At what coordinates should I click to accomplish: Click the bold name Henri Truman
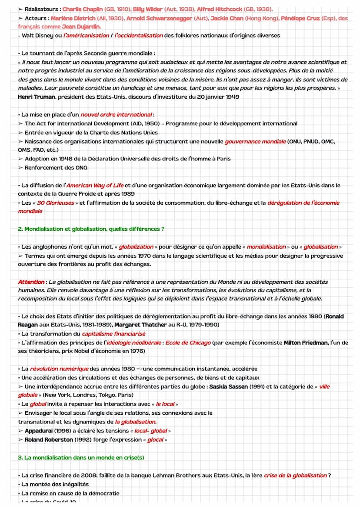36,97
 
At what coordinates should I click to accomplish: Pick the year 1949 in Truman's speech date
232,97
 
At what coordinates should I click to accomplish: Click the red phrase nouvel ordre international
116,115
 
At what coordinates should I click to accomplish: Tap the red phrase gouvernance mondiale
255,142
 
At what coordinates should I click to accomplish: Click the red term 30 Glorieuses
55,203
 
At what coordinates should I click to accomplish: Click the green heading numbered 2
91,229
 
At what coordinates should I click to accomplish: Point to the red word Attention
31,282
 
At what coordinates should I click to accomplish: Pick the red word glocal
156,439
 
